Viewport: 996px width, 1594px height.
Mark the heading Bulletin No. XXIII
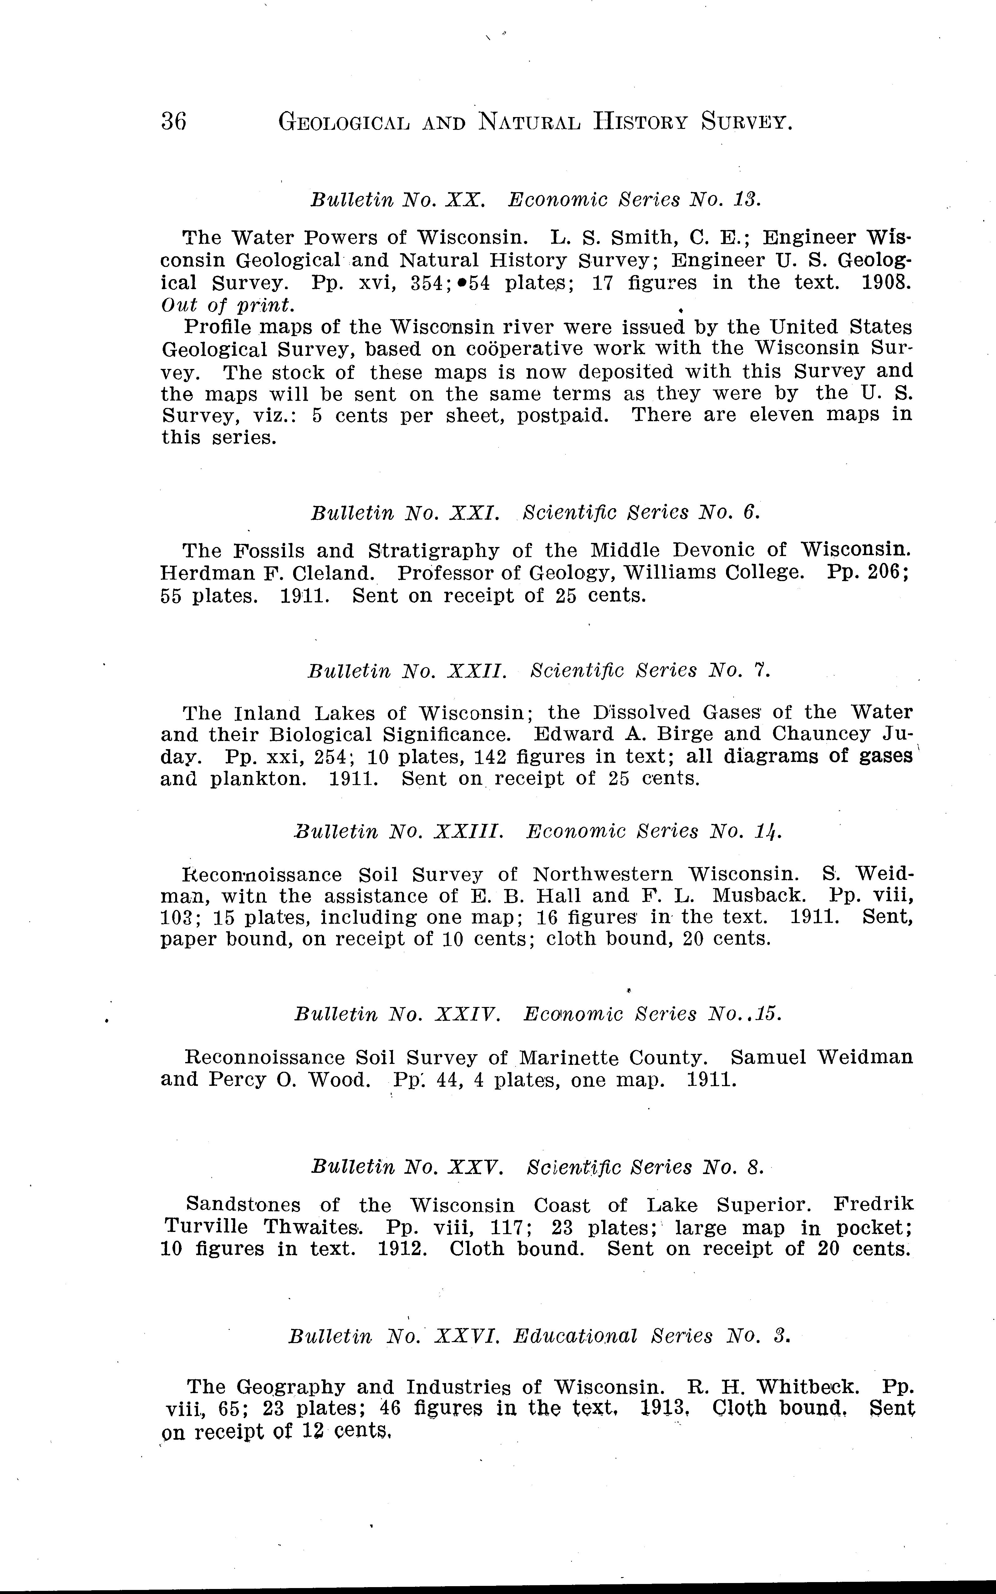(x=399, y=832)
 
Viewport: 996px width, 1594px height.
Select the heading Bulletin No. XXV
(x=407, y=1167)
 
